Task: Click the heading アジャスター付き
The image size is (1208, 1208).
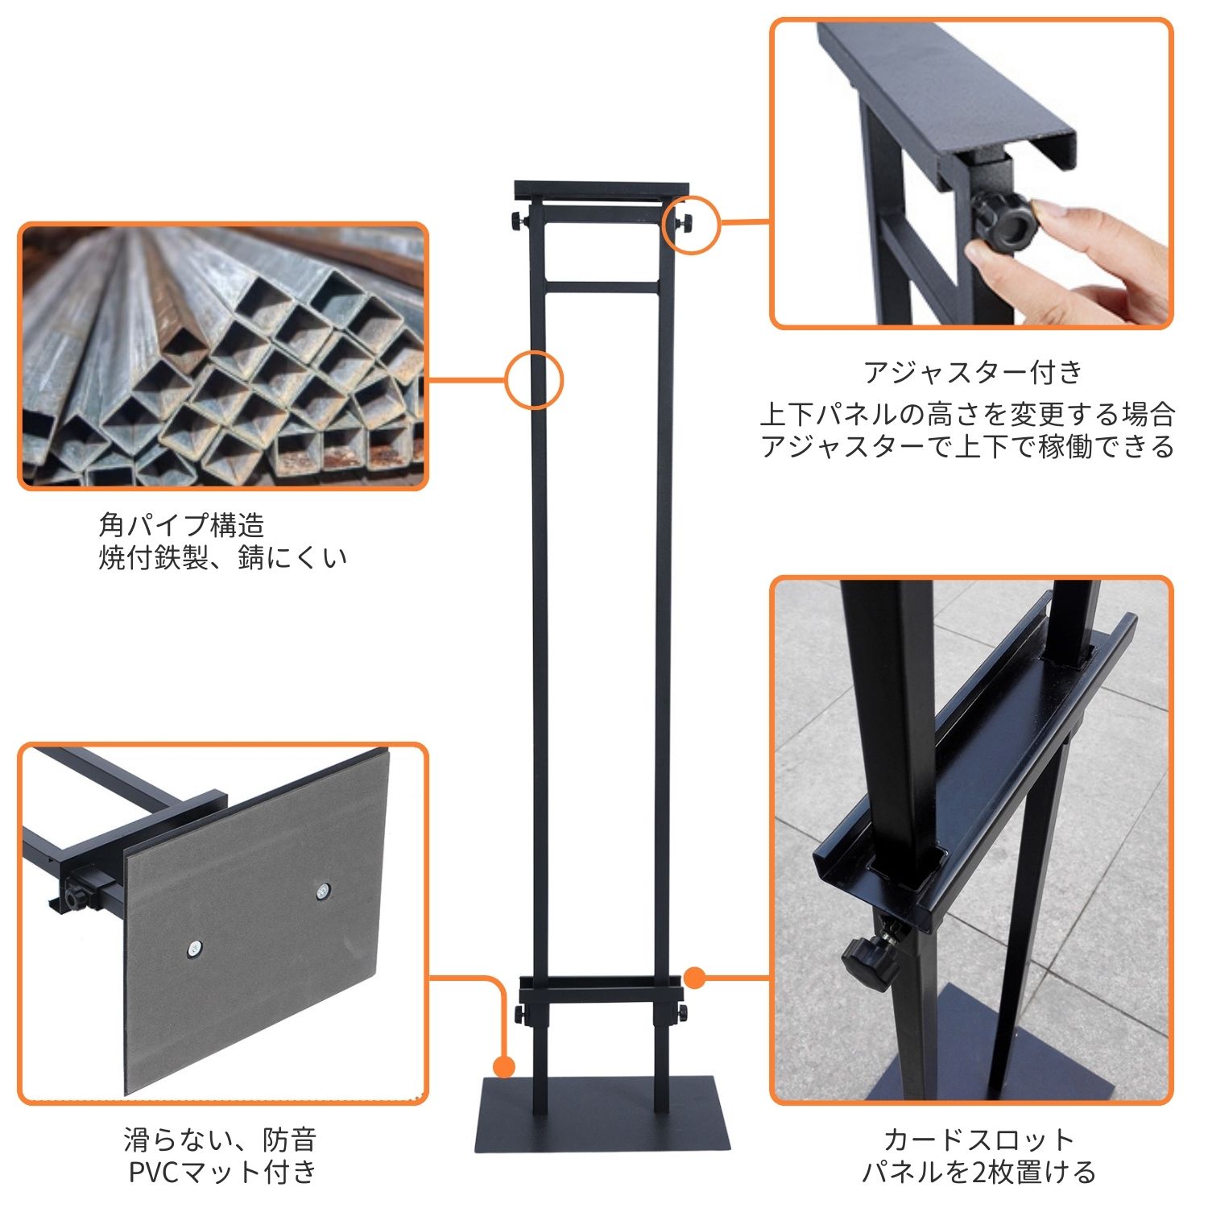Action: pyautogui.click(x=974, y=372)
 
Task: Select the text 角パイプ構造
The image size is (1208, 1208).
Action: pyautogui.click(x=181, y=525)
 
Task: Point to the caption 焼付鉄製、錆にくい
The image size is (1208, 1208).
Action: pyautogui.click(x=222, y=557)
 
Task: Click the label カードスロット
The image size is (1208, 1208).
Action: pyautogui.click(x=978, y=1140)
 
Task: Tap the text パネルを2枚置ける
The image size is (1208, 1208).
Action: pyautogui.click(x=978, y=1172)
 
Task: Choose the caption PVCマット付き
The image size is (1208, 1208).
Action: pyautogui.click(x=222, y=1172)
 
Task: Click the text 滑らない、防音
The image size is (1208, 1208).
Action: pyautogui.click(x=220, y=1140)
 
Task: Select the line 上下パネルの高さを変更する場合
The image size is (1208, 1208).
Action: pyautogui.click(x=967, y=414)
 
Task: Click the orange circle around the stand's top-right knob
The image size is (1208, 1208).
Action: pyautogui.click(x=690, y=223)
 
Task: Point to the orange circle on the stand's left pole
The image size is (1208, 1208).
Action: pyautogui.click(x=534, y=379)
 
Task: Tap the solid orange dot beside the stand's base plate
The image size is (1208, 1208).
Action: pyautogui.click(x=504, y=1067)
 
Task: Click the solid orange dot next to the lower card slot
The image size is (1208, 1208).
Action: pyautogui.click(x=695, y=978)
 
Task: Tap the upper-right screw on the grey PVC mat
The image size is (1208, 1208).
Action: pyautogui.click(x=323, y=891)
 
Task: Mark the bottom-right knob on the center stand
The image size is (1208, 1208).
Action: pyautogui.click(x=681, y=1011)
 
